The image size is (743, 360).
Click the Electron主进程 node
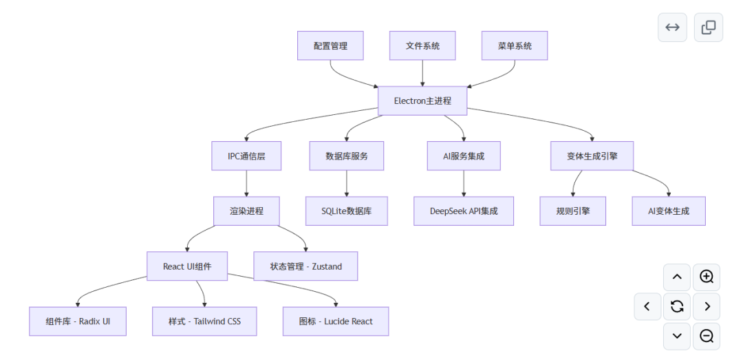(422, 100)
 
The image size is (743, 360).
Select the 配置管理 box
(330, 45)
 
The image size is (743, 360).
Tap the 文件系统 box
(422, 45)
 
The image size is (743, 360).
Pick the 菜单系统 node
(515, 45)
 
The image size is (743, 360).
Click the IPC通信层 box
(246, 156)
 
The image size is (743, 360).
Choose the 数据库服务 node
(346, 156)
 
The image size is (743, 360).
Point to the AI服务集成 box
(464, 156)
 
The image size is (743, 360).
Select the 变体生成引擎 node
(592, 156)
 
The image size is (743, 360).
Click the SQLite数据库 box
(346, 211)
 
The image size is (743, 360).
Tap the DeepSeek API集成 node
(464, 211)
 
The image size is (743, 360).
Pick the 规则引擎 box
(573, 211)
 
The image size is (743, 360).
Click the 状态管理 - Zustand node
(305, 266)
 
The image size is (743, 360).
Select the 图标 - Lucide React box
(336, 321)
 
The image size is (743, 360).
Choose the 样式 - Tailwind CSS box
(204, 321)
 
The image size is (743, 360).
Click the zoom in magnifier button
(707, 277)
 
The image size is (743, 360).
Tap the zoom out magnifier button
(707, 337)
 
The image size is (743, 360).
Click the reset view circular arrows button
(677, 306)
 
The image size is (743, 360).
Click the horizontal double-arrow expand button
(672, 27)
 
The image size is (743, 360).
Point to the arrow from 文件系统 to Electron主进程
(422, 73)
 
